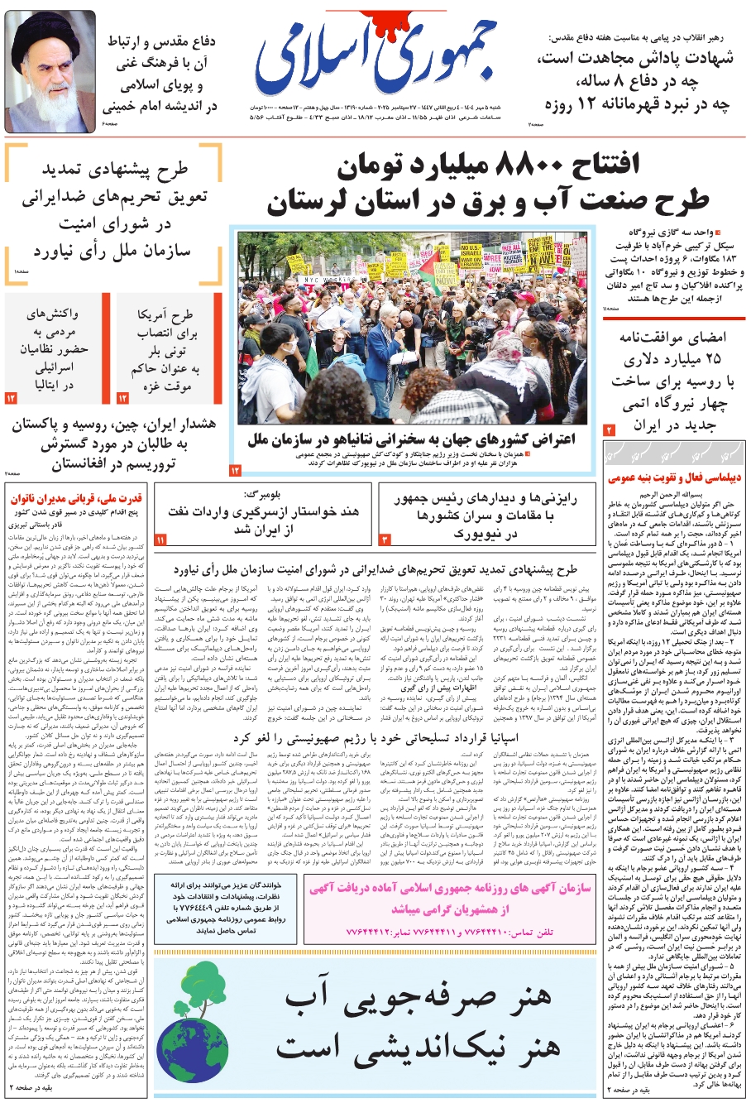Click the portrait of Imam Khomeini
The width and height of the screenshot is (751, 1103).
point(51,72)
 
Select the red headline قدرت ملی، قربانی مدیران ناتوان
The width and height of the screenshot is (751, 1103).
point(75,498)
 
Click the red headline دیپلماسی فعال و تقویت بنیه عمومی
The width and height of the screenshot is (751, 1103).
point(674,477)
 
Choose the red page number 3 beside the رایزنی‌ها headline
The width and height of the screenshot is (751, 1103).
point(385,540)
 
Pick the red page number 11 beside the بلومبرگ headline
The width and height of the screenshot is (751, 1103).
point(160,540)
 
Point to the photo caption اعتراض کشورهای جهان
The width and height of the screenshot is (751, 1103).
point(411,439)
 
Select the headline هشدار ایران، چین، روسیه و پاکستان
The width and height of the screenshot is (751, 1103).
point(113,444)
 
